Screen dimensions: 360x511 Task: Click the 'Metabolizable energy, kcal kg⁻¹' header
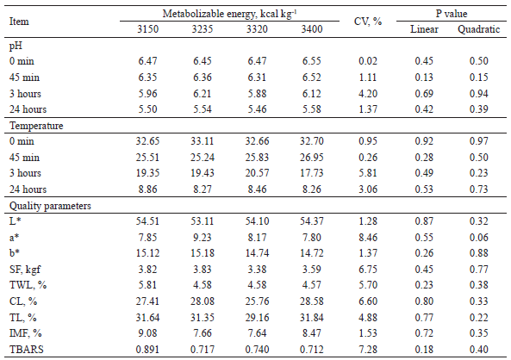pyautogui.click(x=228, y=14)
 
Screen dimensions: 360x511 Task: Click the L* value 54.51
pyautogui.click(x=149, y=221)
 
